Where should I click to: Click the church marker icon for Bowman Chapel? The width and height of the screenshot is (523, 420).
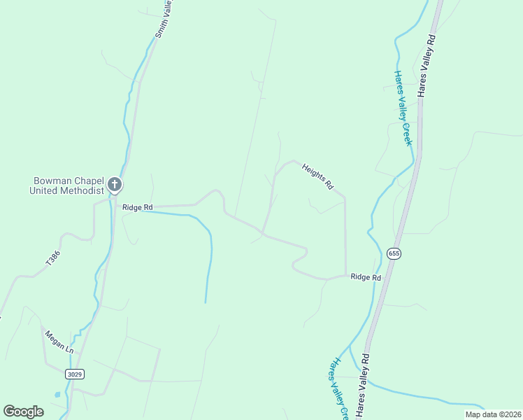(x=115, y=185)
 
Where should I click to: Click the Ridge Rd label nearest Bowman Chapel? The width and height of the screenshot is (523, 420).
(x=137, y=207)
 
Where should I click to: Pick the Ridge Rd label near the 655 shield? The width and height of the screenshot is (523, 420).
(x=366, y=278)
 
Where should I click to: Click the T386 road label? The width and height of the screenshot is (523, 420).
(x=53, y=258)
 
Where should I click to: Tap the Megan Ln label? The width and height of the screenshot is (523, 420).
(x=59, y=341)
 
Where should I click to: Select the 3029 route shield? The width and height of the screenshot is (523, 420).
(x=75, y=374)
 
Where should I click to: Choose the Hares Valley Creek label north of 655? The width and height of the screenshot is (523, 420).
(x=403, y=108)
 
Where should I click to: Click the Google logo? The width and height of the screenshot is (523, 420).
(x=24, y=412)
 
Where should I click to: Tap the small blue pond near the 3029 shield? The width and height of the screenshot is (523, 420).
(x=57, y=395)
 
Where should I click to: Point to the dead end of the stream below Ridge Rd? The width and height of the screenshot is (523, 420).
(x=206, y=302)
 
